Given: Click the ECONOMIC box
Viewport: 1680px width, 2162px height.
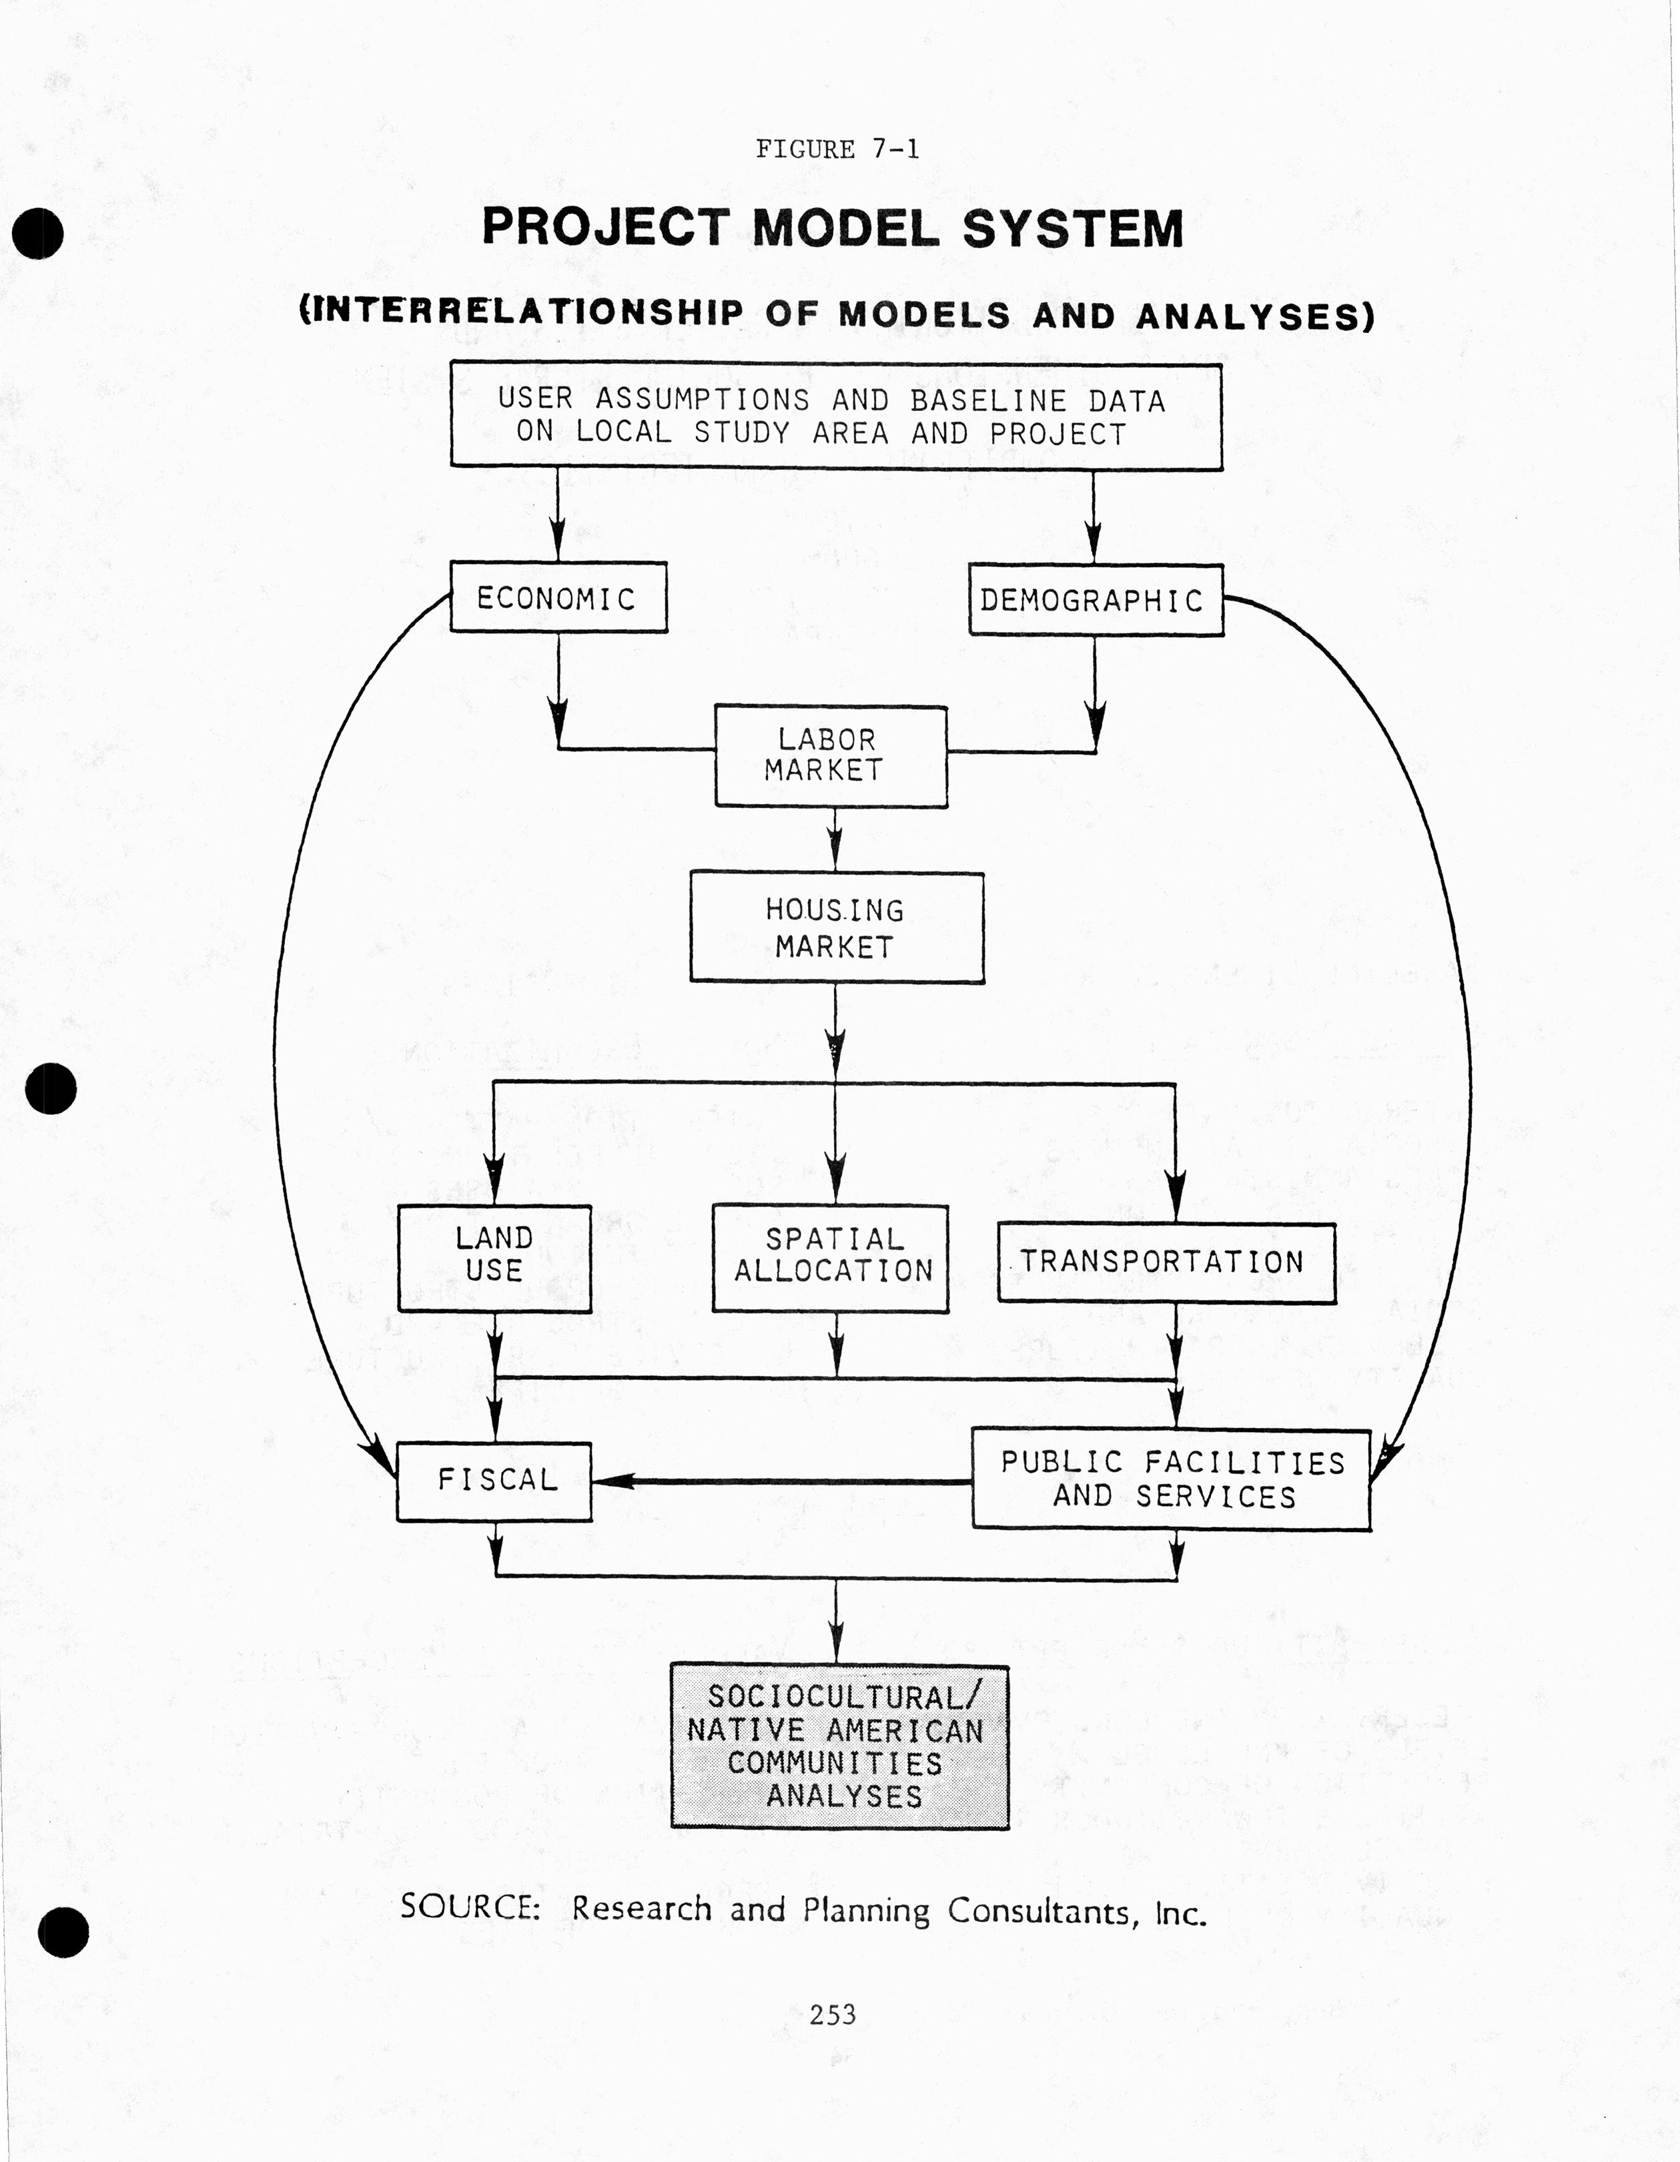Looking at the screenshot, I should pos(557,597).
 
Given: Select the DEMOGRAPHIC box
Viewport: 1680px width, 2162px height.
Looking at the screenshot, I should pos(1095,600).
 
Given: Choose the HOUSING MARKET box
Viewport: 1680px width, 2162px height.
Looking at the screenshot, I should pos(837,928).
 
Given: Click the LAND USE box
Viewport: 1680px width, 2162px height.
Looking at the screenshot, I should pos(494,1257).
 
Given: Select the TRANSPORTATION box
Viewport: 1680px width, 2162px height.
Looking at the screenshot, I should pos(1165,1262).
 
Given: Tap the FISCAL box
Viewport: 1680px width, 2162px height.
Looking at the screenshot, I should pos(494,1481).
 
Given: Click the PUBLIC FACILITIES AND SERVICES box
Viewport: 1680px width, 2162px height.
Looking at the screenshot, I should pos(1171,1479).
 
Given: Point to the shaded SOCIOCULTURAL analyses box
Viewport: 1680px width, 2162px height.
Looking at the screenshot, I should pos(839,1746).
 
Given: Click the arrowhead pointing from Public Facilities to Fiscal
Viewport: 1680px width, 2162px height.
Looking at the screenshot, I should pos(612,1481).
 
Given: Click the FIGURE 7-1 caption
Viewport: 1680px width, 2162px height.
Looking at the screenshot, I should pos(837,149).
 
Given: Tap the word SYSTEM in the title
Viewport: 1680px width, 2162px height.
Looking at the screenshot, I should pos(1072,229).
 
